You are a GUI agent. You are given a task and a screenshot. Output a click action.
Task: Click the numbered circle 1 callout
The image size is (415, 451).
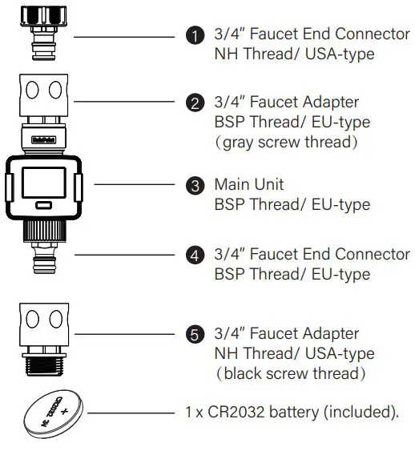[192, 36]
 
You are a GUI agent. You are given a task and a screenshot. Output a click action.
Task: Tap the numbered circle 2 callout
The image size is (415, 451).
[192, 103]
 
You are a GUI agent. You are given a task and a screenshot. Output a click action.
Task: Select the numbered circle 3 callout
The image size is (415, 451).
[192, 185]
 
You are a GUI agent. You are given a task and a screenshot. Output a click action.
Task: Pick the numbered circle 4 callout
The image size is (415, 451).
[192, 255]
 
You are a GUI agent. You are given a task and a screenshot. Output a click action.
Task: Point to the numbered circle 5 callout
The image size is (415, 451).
[192, 334]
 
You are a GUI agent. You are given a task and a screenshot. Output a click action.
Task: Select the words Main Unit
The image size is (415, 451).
[248, 184]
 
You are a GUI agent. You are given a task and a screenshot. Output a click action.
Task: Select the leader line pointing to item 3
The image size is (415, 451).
[136, 184]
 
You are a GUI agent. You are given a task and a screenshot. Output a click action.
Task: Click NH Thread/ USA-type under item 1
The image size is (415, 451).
[293, 54]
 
